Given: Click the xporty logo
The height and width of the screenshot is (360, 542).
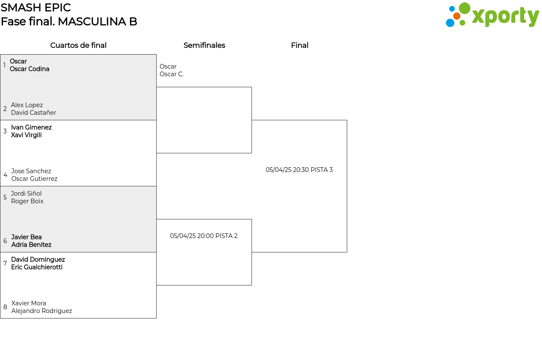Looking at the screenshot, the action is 492,15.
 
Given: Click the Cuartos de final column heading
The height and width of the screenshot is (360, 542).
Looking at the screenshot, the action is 78,45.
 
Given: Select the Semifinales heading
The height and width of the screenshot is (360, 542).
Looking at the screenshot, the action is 204,45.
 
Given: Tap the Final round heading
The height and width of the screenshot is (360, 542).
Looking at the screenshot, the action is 299,45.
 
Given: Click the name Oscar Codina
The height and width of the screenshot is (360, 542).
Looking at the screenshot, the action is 30,69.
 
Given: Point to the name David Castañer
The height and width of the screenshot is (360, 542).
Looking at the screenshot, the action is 33,113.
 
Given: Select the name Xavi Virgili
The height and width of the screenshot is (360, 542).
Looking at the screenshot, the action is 26,135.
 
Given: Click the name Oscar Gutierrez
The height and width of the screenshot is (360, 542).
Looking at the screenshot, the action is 34,179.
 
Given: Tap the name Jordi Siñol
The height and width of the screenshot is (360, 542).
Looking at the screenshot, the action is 26,194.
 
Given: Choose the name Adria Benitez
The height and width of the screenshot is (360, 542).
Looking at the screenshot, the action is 31,245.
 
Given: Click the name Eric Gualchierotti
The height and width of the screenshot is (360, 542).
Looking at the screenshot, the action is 37,267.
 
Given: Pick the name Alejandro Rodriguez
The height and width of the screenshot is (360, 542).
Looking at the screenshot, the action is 41,311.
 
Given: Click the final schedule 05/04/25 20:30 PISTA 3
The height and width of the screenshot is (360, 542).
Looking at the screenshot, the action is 299,170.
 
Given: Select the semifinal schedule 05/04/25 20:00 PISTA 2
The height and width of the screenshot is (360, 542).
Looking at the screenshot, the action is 204,236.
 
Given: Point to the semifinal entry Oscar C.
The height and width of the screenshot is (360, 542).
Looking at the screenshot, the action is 171,74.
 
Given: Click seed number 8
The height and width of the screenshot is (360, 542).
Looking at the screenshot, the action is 6,307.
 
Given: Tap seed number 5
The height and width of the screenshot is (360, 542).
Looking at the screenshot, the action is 5,197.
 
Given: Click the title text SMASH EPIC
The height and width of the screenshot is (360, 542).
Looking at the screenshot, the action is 36,8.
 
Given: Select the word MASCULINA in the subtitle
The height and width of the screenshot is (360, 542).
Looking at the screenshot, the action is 92,22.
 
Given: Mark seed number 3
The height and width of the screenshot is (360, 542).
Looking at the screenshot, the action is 5,131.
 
